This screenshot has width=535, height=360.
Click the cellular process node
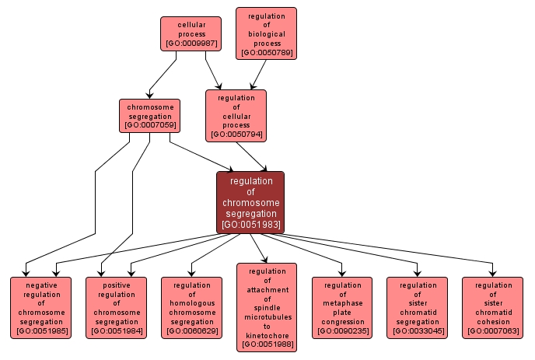191,34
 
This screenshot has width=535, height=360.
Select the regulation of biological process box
266,34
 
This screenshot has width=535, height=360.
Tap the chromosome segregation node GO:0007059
149,115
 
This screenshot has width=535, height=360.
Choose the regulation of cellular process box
236,116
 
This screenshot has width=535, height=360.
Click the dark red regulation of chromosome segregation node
250,202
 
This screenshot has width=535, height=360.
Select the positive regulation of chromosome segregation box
116,308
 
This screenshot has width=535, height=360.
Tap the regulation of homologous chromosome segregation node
191,308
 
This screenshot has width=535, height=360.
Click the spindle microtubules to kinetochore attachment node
267,307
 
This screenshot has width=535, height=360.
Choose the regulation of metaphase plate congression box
342,308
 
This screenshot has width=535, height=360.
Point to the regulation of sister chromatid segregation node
418,308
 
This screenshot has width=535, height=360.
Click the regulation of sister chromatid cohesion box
493,308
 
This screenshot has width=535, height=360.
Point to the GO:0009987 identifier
191,44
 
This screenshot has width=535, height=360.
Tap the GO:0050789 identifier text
266,53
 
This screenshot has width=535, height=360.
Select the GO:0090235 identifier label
342,332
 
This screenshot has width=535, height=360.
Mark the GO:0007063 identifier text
493,332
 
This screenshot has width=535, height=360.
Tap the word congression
342,322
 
